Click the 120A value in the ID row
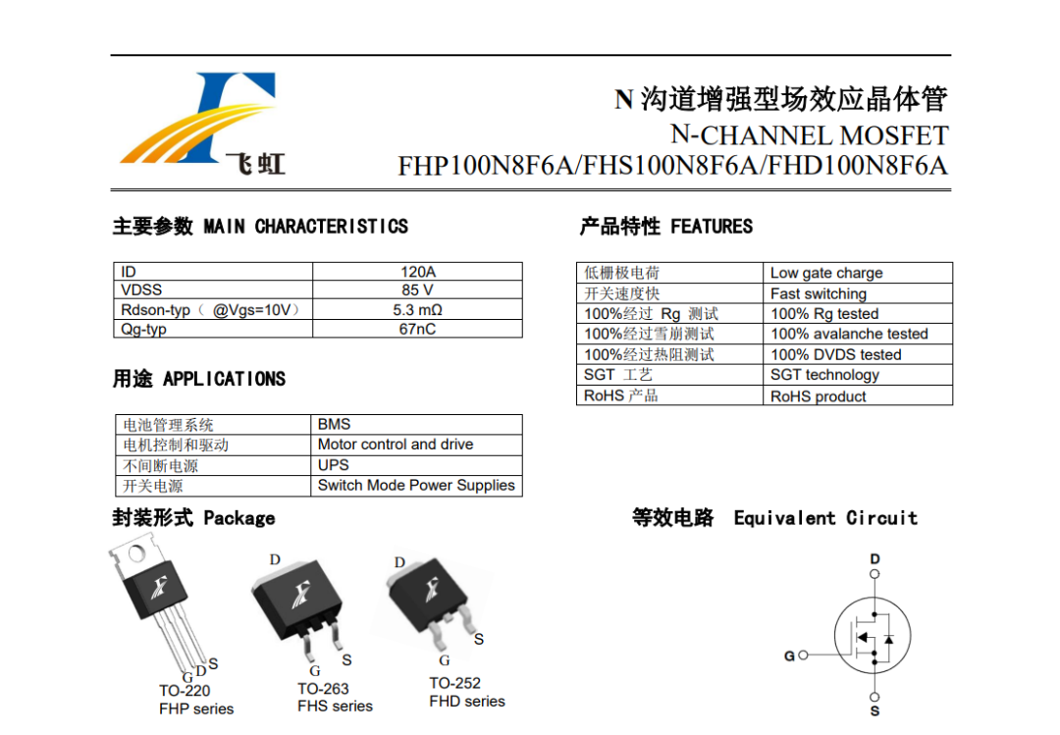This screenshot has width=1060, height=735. click(418, 272)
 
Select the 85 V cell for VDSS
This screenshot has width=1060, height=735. click(417, 290)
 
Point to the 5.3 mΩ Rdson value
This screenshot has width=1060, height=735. click(417, 310)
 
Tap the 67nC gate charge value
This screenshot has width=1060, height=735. click(417, 329)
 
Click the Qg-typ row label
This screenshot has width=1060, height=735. click(143, 330)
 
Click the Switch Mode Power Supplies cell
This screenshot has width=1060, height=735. click(416, 485)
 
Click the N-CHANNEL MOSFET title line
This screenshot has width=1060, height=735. click(809, 135)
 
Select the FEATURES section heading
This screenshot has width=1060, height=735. click(712, 226)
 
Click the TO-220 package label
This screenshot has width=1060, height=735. click(185, 691)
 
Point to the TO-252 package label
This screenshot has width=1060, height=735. click(455, 683)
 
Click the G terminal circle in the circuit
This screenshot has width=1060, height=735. click(803, 656)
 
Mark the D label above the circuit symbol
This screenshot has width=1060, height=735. click(874, 559)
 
